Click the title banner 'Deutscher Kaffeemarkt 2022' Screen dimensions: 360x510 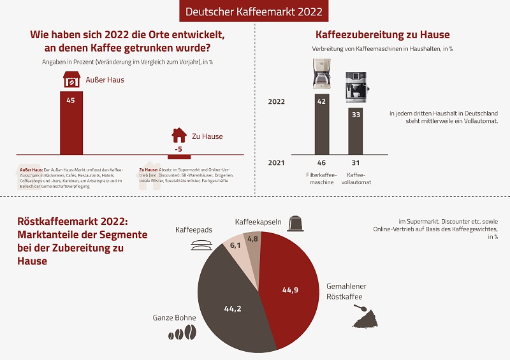(x=254, y=11)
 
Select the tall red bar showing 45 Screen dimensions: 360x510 (x=71, y=124)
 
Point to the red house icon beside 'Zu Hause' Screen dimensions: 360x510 (x=180, y=136)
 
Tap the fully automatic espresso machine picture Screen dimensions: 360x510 (x=356, y=87)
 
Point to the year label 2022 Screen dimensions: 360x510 (x=277, y=101)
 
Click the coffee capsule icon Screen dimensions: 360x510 (x=295, y=223)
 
